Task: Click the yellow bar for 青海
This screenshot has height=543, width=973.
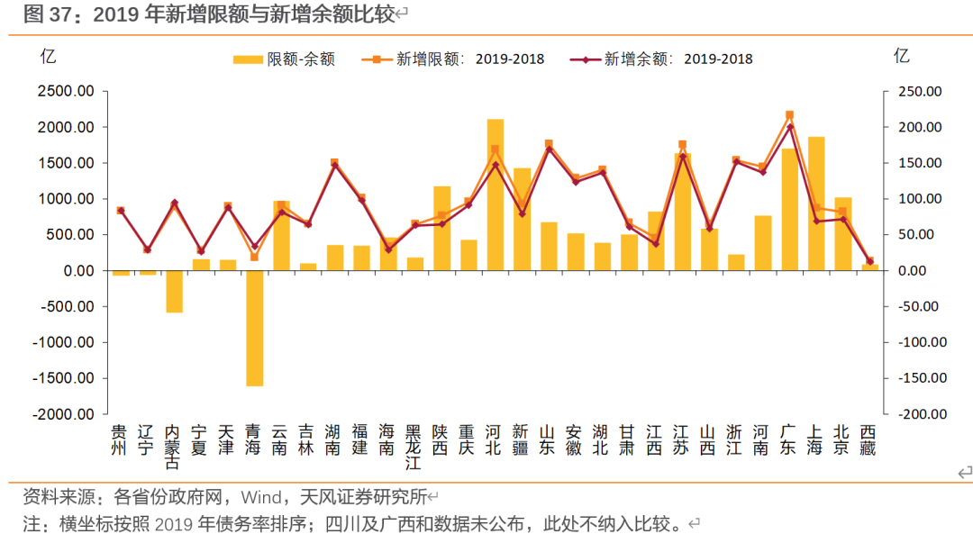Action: [x=254, y=328]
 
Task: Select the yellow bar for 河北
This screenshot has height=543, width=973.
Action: [x=495, y=195]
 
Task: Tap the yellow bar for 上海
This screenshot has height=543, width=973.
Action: [x=815, y=204]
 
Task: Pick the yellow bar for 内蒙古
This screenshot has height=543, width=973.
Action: [x=174, y=291]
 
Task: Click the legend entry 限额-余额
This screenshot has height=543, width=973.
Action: [x=284, y=59]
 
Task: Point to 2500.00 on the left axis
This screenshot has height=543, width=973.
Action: [x=66, y=92]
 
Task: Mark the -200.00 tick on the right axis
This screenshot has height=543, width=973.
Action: [x=920, y=415]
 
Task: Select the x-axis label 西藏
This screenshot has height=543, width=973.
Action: [x=868, y=439]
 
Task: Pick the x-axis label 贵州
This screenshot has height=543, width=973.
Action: [x=120, y=439]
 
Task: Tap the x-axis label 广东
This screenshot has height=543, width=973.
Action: [x=788, y=439]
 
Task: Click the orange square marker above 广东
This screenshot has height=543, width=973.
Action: [x=789, y=115]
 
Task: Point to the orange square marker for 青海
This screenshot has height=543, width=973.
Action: [x=254, y=258]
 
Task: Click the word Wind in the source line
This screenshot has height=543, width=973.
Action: [x=260, y=496]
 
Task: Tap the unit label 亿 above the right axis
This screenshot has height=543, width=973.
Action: [x=902, y=56]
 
